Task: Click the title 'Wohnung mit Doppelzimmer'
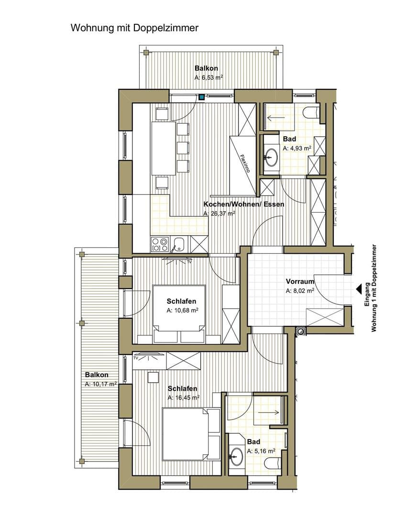tap(134, 28)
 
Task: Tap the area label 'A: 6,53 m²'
tap(209, 78)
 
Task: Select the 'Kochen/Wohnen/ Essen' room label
tap(244, 204)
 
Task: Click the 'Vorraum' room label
tap(300, 281)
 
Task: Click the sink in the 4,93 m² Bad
tap(272, 156)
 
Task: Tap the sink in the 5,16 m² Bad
tap(236, 456)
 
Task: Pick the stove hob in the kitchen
tap(160, 244)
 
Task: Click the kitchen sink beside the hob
tap(179, 244)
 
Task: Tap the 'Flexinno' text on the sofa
tap(245, 163)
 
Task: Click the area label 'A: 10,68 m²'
tap(182, 310)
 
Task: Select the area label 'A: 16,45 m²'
tap(184, 398)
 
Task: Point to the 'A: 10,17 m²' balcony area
tap(101, 384)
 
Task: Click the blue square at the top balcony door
tap(201, 97)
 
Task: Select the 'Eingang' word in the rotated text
tap(367, 294)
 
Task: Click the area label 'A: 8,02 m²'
tap(300, 290)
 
